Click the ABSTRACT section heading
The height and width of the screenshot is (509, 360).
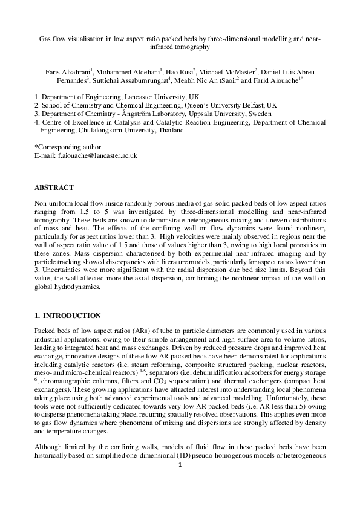[x=54, y=187]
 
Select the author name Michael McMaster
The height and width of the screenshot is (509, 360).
[x=231, y=73]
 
